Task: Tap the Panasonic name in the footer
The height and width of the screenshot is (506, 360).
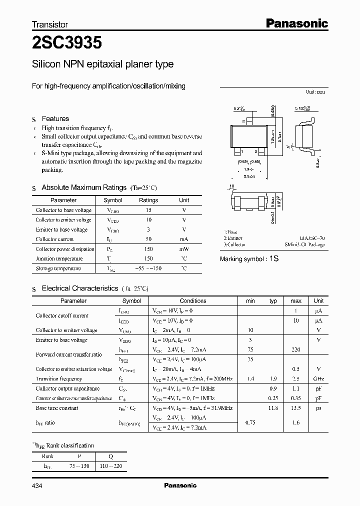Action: [x=180, y=485]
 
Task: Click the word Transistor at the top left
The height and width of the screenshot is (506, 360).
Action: [x=50, y=24]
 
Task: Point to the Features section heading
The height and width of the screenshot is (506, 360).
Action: [x=55, y=119]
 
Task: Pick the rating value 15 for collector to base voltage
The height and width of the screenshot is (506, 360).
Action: [x=148, y=210]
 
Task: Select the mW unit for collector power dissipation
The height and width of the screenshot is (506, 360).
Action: [x=184, y=249]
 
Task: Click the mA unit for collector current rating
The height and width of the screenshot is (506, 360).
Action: [x=184, y=239]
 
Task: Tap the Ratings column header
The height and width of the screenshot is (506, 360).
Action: [x=148, y=200]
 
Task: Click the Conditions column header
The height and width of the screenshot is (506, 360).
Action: [x=193, y=301]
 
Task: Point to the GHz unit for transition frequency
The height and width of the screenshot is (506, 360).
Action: [x=318, y=379]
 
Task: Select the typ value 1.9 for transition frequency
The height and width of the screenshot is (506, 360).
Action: [x=273, y=379]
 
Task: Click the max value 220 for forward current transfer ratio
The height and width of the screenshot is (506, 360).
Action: [x=296, y=350]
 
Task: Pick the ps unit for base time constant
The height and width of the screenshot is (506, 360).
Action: [x=318, y=408]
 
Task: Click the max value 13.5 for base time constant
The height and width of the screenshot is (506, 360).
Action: [x=296, y=408]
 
